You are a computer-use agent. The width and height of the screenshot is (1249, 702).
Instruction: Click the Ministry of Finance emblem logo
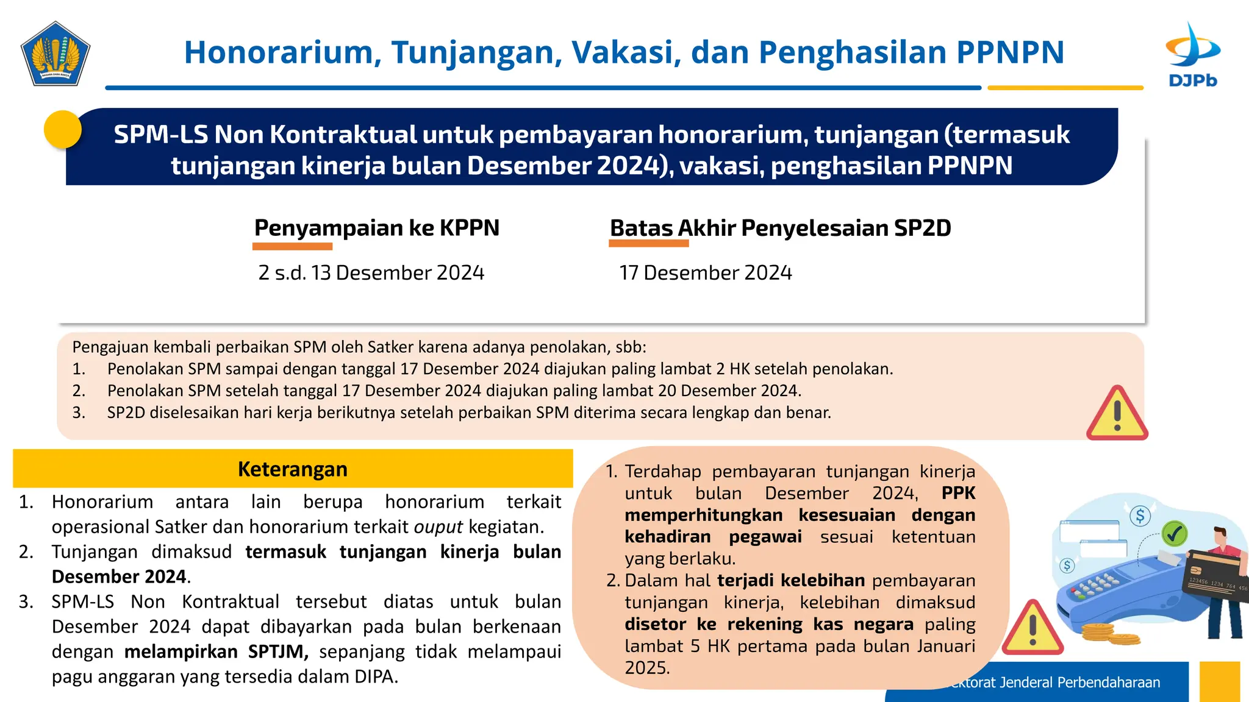coord(55,54)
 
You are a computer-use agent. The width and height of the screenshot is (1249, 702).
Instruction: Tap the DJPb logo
coord(1192,55)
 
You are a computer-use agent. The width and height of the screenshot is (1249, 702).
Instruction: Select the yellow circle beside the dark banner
coord(63,129)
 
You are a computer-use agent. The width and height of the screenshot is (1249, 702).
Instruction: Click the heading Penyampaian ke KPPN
coord(376,228)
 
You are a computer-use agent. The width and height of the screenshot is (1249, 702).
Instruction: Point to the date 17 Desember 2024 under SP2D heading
coord(705,272)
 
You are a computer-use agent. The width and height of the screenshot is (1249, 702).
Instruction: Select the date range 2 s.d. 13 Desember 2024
coord(371,272)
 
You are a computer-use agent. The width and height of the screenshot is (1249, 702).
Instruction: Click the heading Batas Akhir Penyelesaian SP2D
coord(780,228)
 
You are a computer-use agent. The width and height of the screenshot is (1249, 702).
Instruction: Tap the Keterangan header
coord(293,469)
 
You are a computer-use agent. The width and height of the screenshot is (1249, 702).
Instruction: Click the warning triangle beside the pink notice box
coord(1117,414)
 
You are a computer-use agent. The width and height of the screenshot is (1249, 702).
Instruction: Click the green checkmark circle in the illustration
coord(1174,534)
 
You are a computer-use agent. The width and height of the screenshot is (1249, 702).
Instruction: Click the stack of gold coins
coord(1111,635)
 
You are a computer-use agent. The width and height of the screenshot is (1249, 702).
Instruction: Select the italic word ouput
coord(438,526)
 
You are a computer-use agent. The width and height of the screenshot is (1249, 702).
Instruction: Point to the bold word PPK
coord(958,493)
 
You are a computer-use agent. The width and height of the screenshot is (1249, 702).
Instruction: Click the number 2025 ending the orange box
coord(646,668)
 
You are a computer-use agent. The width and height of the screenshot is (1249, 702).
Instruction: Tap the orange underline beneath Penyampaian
coord(292,246)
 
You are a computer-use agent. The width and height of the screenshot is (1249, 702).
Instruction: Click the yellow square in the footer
coord(1219,681)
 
